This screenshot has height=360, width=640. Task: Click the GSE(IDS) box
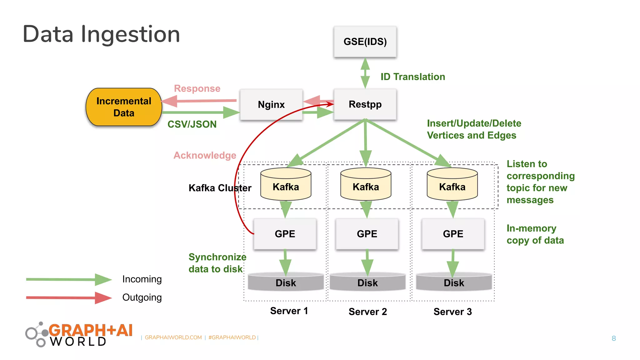click(x=365, y=42)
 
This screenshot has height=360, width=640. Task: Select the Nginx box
click(x=271, y=104)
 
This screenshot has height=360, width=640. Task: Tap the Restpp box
click(x=365, y=104)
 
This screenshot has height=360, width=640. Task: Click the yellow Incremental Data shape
click(x=124, y=107)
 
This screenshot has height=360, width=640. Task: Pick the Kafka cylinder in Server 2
click(x=366, y=185)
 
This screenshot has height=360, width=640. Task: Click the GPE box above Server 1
click(x=285, y=234)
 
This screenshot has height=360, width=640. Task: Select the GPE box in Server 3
click(x=453, y=234)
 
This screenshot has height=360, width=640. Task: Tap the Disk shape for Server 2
click(x=367, y=282)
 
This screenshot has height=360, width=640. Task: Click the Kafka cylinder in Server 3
click(x=452, y=185)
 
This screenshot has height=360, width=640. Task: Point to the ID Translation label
click(x=412, y=77)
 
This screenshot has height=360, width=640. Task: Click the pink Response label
click(x=197, y=88)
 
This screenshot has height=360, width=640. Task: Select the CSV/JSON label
click(x=192, y=124)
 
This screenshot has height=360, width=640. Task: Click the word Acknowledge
click(x=205, y=155)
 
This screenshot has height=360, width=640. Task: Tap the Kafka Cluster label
click(x=220, y=188)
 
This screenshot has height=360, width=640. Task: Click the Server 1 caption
click(x=289, y=311)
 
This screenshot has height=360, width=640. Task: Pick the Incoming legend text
click(x=142, y=279)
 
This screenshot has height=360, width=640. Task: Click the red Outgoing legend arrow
click(x=69, y=298)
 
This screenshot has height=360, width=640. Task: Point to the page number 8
click(x=613, y=338)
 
